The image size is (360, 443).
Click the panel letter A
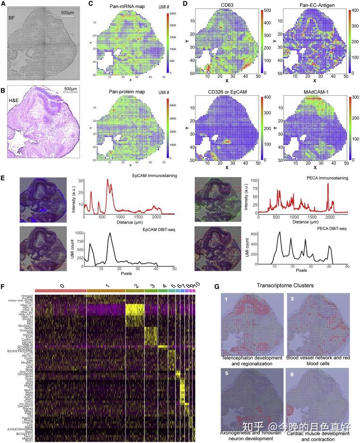[3, 4]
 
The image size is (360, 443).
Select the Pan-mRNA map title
[124, 5]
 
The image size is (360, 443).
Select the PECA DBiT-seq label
[327, 228]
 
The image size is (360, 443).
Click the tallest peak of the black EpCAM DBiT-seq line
[110, 233]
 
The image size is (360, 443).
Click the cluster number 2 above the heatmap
[135, 286]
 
